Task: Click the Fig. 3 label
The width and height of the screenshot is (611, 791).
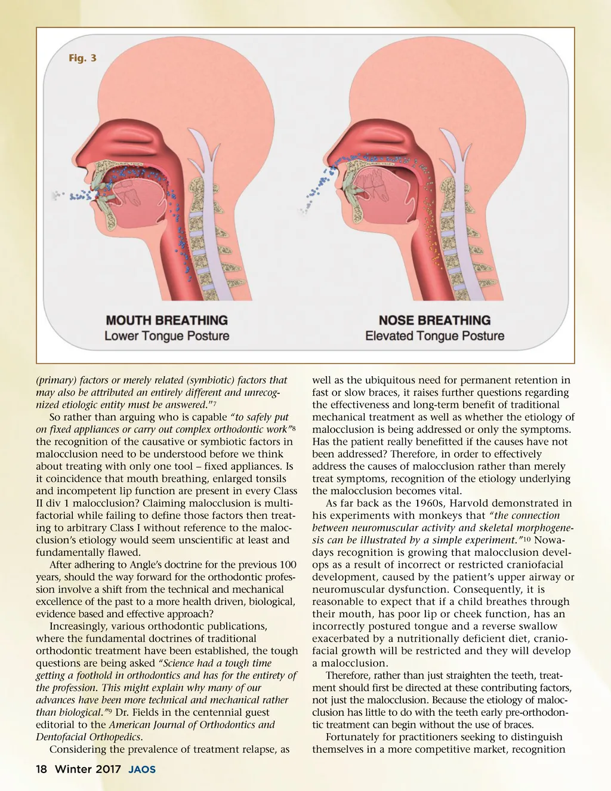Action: click(x=82, y=58)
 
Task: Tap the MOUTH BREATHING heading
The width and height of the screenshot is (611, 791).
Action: click(x=166, y=321)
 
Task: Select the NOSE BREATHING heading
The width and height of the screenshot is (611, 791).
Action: click(x=434, y=321)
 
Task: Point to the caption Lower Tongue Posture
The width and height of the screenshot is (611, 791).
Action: click(x=166, y=336)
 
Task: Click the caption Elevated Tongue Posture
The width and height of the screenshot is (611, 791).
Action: click(x=434, y=336)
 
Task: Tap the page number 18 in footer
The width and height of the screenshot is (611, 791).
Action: click(x=41, y=770)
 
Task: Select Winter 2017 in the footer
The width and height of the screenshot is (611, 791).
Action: click(x=88, y=770)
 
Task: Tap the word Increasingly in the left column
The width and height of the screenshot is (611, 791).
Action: click(x=81, y=626)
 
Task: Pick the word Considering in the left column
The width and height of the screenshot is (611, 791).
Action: click(x=79, y=749)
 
